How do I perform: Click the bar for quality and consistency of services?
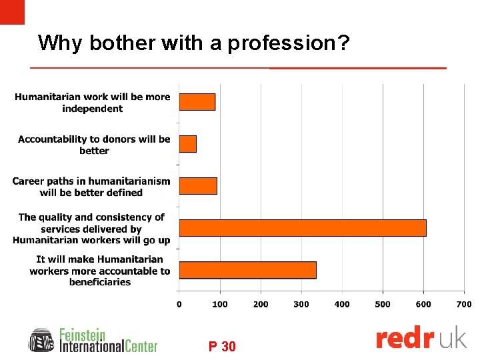pos(303,227)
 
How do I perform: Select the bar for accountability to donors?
pos(188,144)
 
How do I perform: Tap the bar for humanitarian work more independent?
pos(197,102)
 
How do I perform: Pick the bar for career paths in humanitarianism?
pos(198,186)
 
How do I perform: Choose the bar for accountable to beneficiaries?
pos(247,270)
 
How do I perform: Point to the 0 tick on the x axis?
pos(179,304)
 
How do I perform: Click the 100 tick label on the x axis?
pos(220,304)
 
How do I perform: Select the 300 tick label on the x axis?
pos(301,304)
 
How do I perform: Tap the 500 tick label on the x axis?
pos(383,304)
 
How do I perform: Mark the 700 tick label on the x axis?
pos(464,304)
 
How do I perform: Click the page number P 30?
pos(222,347)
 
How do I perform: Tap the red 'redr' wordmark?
pos(405,339)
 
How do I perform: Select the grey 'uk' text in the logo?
pos(454,339)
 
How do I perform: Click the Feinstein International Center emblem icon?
pos(41,340)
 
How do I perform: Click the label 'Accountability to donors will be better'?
pos(94,145)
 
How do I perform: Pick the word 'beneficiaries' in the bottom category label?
pos(100,282)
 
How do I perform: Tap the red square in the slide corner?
pos(12,12)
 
